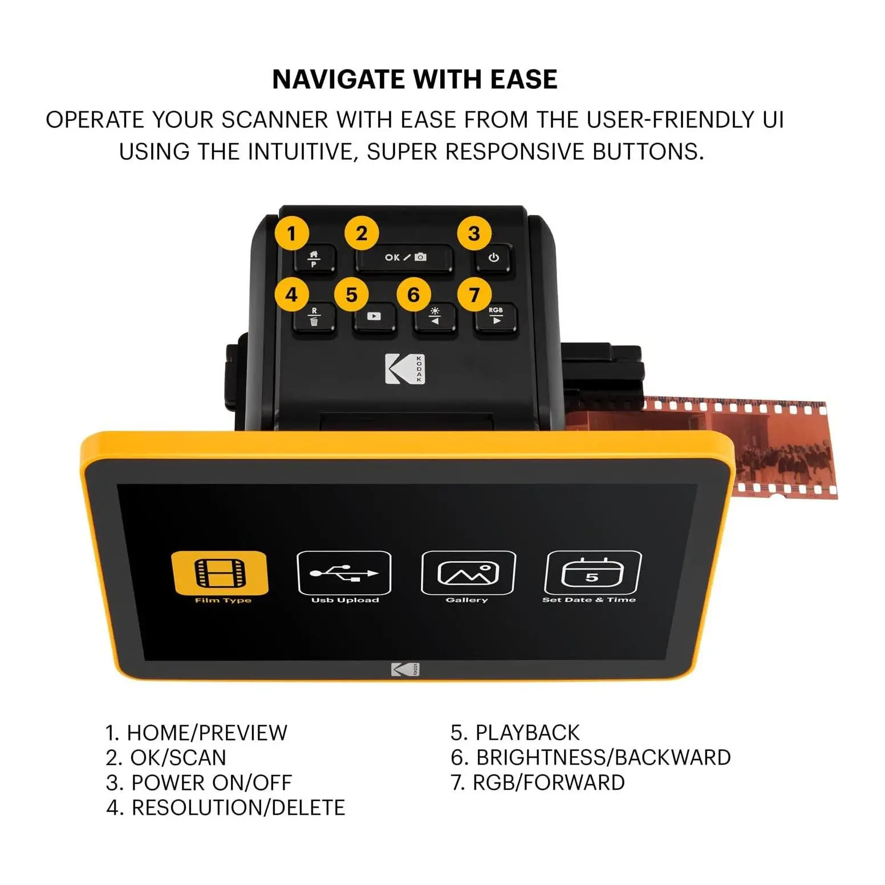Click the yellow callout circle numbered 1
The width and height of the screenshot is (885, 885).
pyautogui.click(x=292, y=233)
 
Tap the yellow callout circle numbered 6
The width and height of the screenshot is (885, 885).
pyautogui.click(x=413, y=295)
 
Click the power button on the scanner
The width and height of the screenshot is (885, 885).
pyautogui.click(x=494, y=258)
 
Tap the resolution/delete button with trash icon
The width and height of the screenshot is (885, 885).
pyautogui.click(x=314, y=318)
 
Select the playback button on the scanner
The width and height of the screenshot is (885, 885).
pyautogui.click(x=374, y=317)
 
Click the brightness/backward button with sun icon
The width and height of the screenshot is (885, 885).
pyautogui.click(x=435, y=318)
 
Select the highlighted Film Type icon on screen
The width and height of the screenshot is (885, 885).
pyautogui.click(x=220, y=573)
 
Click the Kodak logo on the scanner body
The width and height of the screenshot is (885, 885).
pyautogui.click(x=405, y=369)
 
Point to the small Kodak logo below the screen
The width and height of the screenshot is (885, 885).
pyautogui.click(x=405, y=669)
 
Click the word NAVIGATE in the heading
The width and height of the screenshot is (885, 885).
pyautogui.click(x=339, y=79)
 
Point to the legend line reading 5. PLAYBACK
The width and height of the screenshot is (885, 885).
pyautogui.click(x=515, y=732)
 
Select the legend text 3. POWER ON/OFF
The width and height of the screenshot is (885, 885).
pyautogui.click(x=199, y=782)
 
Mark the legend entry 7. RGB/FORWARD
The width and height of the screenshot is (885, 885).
pyautogui.click(x=538, y=782)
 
